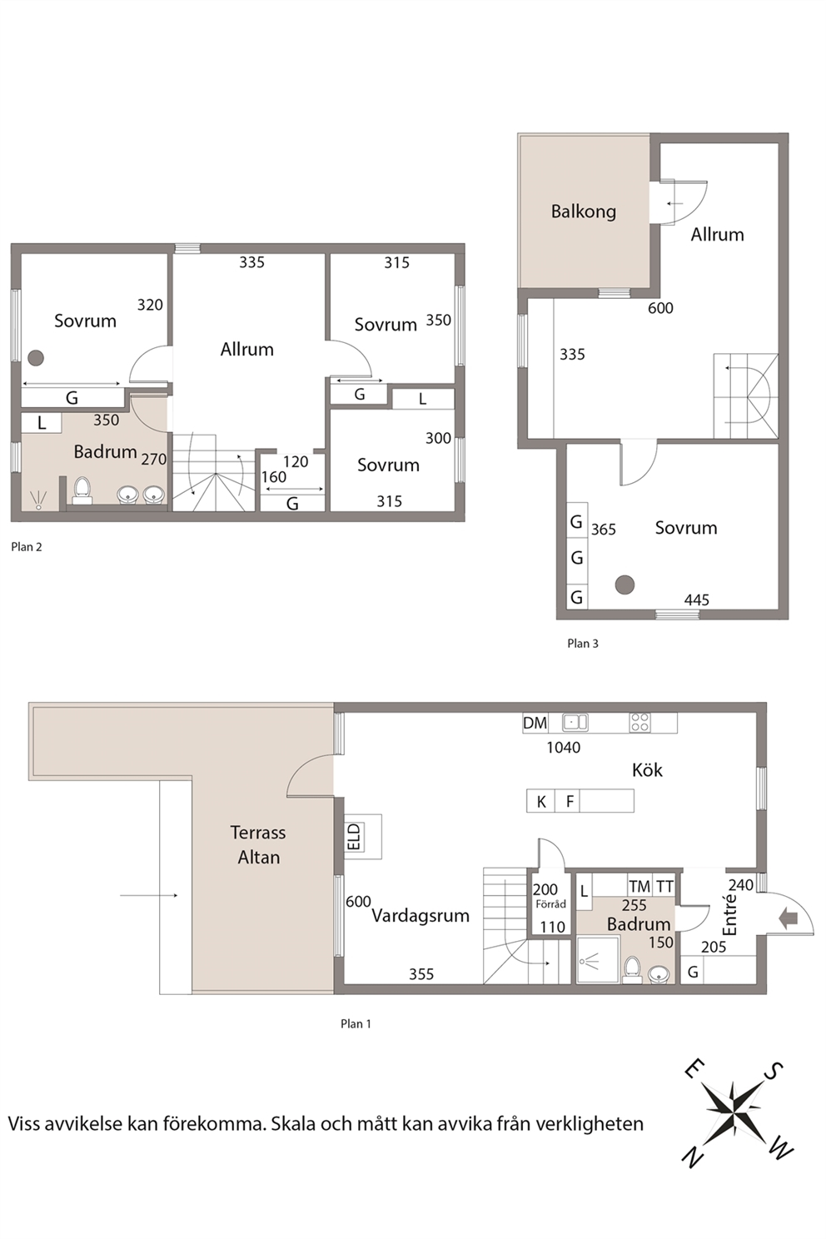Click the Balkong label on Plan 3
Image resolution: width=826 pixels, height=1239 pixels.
tap(583, 211)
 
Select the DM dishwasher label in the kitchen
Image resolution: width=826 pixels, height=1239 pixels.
tap(535, 723)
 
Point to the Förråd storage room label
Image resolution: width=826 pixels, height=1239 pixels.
tap(550, 903)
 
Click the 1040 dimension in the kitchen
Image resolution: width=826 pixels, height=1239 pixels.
tap(563, 748)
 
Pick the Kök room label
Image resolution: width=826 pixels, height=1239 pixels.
tap(647, 770)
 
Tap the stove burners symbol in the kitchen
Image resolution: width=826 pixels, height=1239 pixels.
tap(639, 723)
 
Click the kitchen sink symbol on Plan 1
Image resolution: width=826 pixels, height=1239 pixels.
tap(575, 723)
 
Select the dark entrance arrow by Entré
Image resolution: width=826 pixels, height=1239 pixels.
tap(788, 918)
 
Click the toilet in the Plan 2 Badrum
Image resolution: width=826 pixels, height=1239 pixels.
tap(82, 490)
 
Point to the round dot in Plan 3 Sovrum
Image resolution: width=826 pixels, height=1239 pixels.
tap(624, 585)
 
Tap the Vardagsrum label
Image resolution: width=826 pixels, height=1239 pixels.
tap(420, 915)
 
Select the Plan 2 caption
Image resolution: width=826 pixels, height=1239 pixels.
tap(27, 547)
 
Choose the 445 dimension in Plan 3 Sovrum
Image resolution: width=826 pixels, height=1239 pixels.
tap(697, 600)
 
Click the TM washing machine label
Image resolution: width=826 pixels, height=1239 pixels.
tap(639, 887)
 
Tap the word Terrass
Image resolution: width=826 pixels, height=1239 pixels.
tap(258, 833)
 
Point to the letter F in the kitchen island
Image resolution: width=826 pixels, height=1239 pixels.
tap(570, 802)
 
